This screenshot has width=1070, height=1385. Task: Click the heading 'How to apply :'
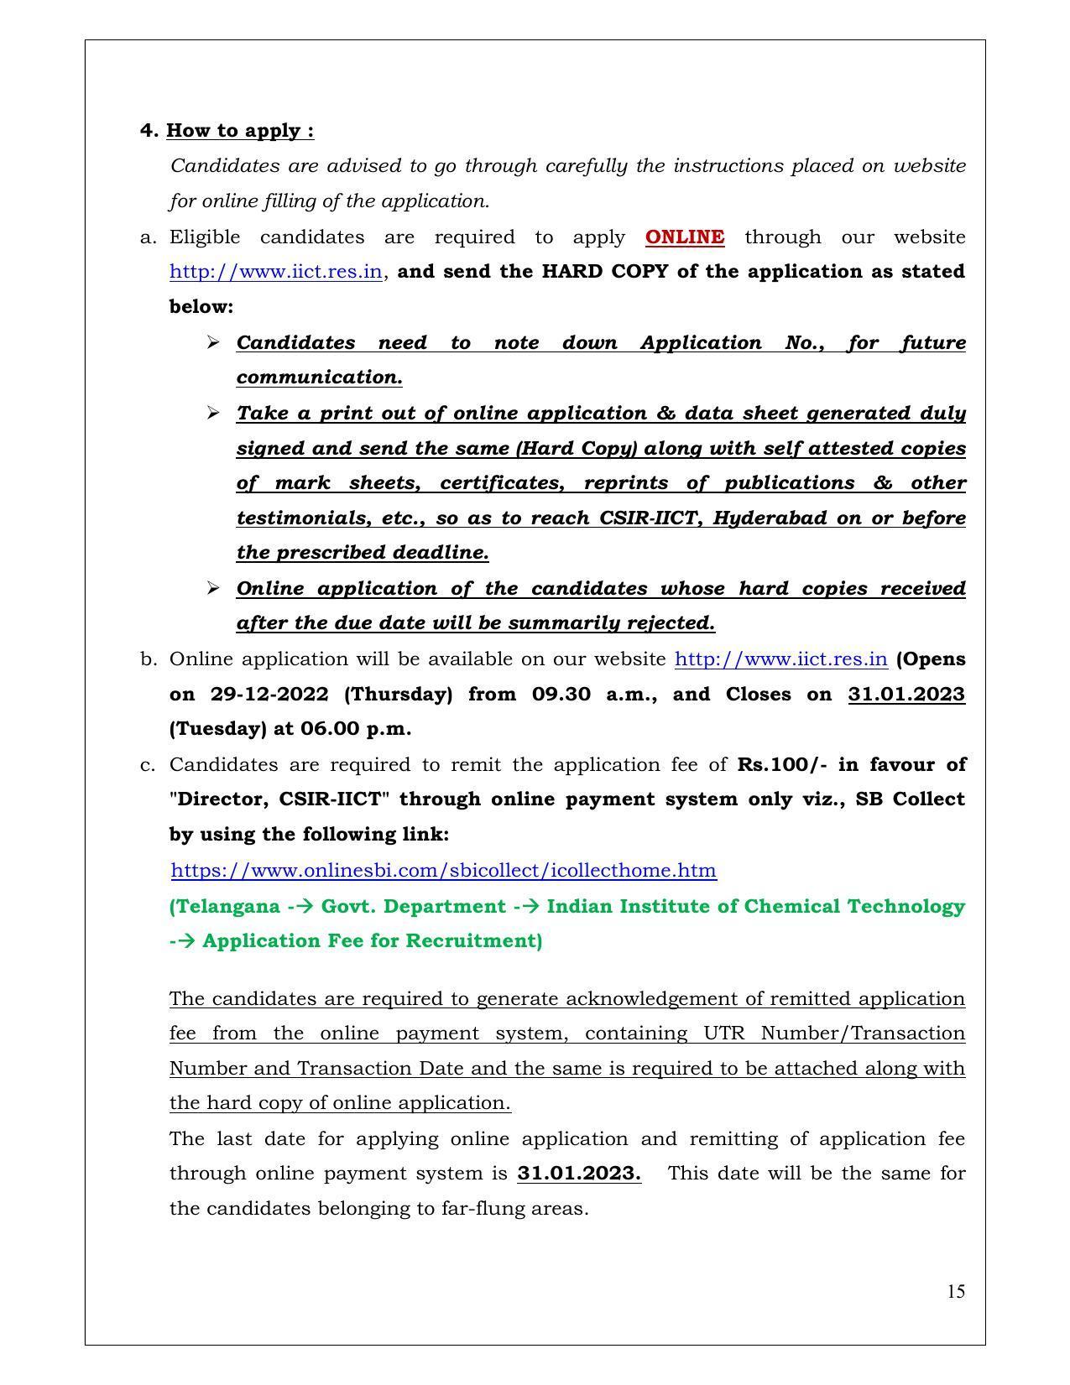240,131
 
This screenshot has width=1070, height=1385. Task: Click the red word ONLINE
684,237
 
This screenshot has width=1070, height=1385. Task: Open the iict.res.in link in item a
276,273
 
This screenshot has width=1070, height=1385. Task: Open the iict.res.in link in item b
780,659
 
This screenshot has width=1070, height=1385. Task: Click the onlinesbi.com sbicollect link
443,871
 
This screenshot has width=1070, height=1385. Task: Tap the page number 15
956,1291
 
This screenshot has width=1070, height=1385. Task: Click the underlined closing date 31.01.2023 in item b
906,695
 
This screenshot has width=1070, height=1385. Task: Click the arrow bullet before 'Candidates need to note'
213,342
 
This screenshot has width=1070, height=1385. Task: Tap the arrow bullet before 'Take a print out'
213,413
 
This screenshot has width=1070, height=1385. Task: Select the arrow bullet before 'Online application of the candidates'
213,588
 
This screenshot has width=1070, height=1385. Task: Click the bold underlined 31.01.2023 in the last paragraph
579,1174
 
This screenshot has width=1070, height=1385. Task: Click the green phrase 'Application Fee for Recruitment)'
372,941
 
